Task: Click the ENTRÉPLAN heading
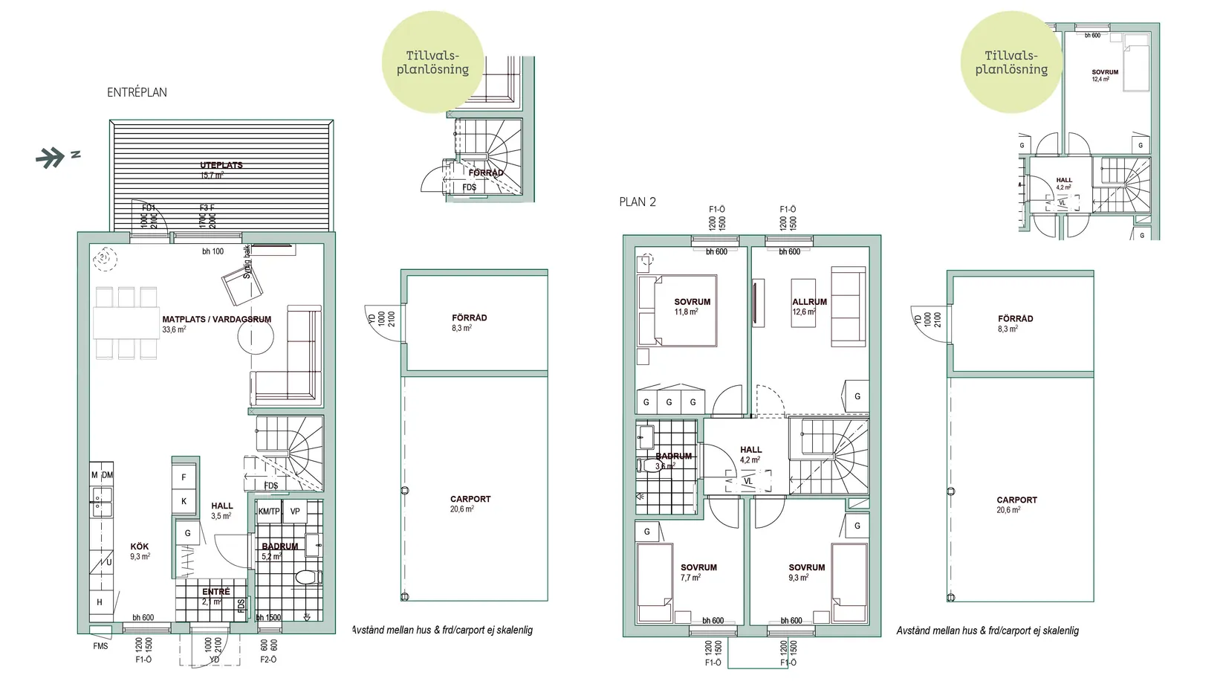(x=137, y=92)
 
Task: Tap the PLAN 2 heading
(x=638, y=201)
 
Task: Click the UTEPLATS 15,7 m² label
(x=221, y=170)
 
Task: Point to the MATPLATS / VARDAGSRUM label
(x=216, y=320)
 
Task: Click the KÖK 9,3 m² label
(x=140, y=551)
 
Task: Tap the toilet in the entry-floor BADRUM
(x=306, y=577)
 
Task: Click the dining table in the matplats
(x=126, y=323)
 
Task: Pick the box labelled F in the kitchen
(x=184, y=477)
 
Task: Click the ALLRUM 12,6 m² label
(x=809, y=306)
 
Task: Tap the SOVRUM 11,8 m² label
(x=692, y=306)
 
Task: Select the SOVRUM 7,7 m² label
(x=698, y=572)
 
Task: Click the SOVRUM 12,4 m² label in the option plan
(x=1104, y=75)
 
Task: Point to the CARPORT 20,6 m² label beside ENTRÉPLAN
(x=470, y=503)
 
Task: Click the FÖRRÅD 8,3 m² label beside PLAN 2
(x=1015, y=323)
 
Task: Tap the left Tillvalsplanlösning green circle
(x=432, y=62)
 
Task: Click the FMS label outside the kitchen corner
(x=100, y=646)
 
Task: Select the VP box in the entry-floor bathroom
(x=295, y=512)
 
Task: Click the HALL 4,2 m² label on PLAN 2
(x=750, y=454)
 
